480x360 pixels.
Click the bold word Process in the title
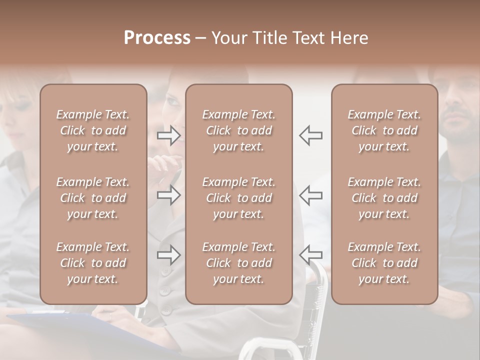click(157, 38)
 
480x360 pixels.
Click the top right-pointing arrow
click(169, 135)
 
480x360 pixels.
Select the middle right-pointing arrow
click(169, 195)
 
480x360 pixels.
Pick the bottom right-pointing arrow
click(169, 255)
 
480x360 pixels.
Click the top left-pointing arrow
click(310, 135)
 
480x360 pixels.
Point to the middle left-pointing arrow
click(310, 195)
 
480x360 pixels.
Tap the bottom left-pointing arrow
click(310, 255)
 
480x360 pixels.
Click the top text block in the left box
click(93, 130)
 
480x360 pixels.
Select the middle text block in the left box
click(93, 198)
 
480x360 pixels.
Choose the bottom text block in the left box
click(93, 263)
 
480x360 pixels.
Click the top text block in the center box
click(238, 130)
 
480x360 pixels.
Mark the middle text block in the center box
click(238, 198)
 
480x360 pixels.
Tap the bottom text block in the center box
click(238, 263)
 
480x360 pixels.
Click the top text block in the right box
click(384, 130)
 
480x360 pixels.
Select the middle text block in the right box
click(384, 198)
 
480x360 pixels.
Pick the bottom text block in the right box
click(384, 263)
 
